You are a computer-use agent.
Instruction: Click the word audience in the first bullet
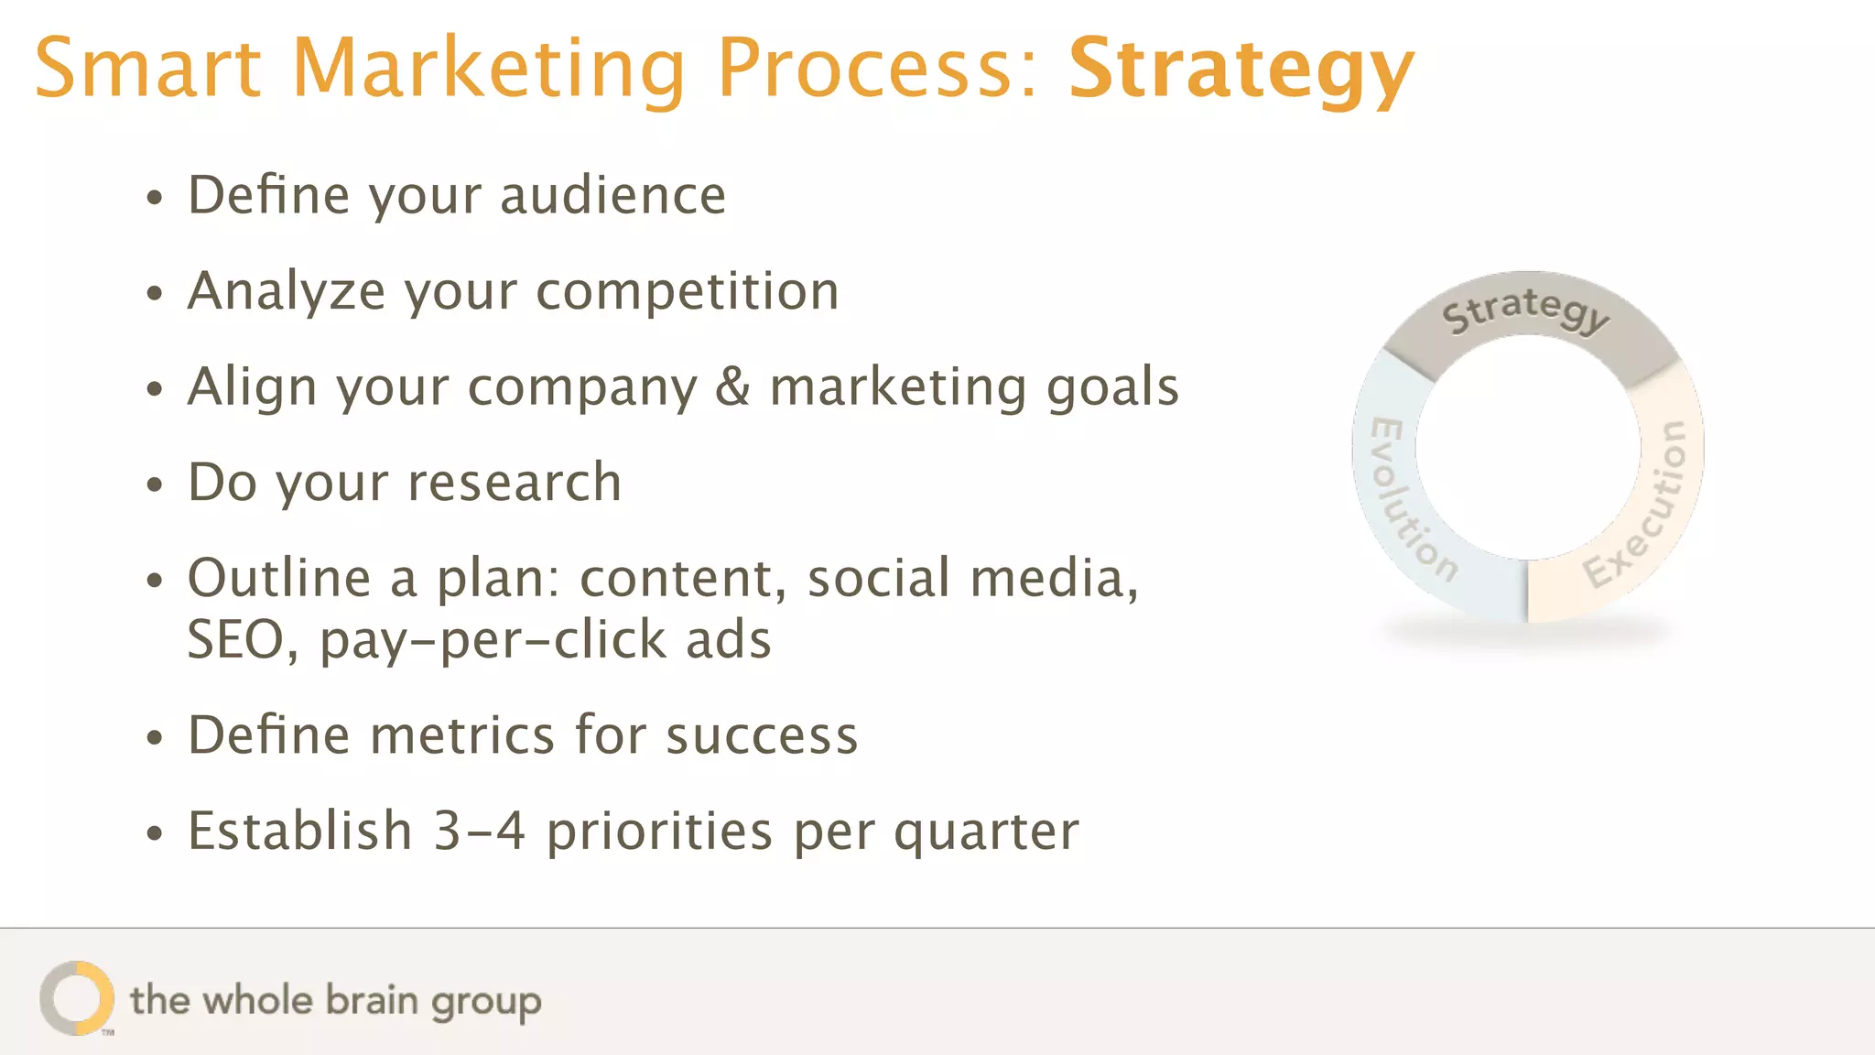point(612,195)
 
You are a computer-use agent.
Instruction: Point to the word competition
point(687,291)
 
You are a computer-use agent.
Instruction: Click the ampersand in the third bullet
point(732,386)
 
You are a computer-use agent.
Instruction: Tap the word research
point(515,482)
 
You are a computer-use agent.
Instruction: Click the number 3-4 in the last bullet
point(479,831)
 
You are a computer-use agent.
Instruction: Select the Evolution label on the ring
point(1410,500)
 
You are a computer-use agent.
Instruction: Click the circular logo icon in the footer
point(77,998)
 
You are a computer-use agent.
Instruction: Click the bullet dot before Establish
point(155,832)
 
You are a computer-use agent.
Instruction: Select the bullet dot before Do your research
point(155,484)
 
